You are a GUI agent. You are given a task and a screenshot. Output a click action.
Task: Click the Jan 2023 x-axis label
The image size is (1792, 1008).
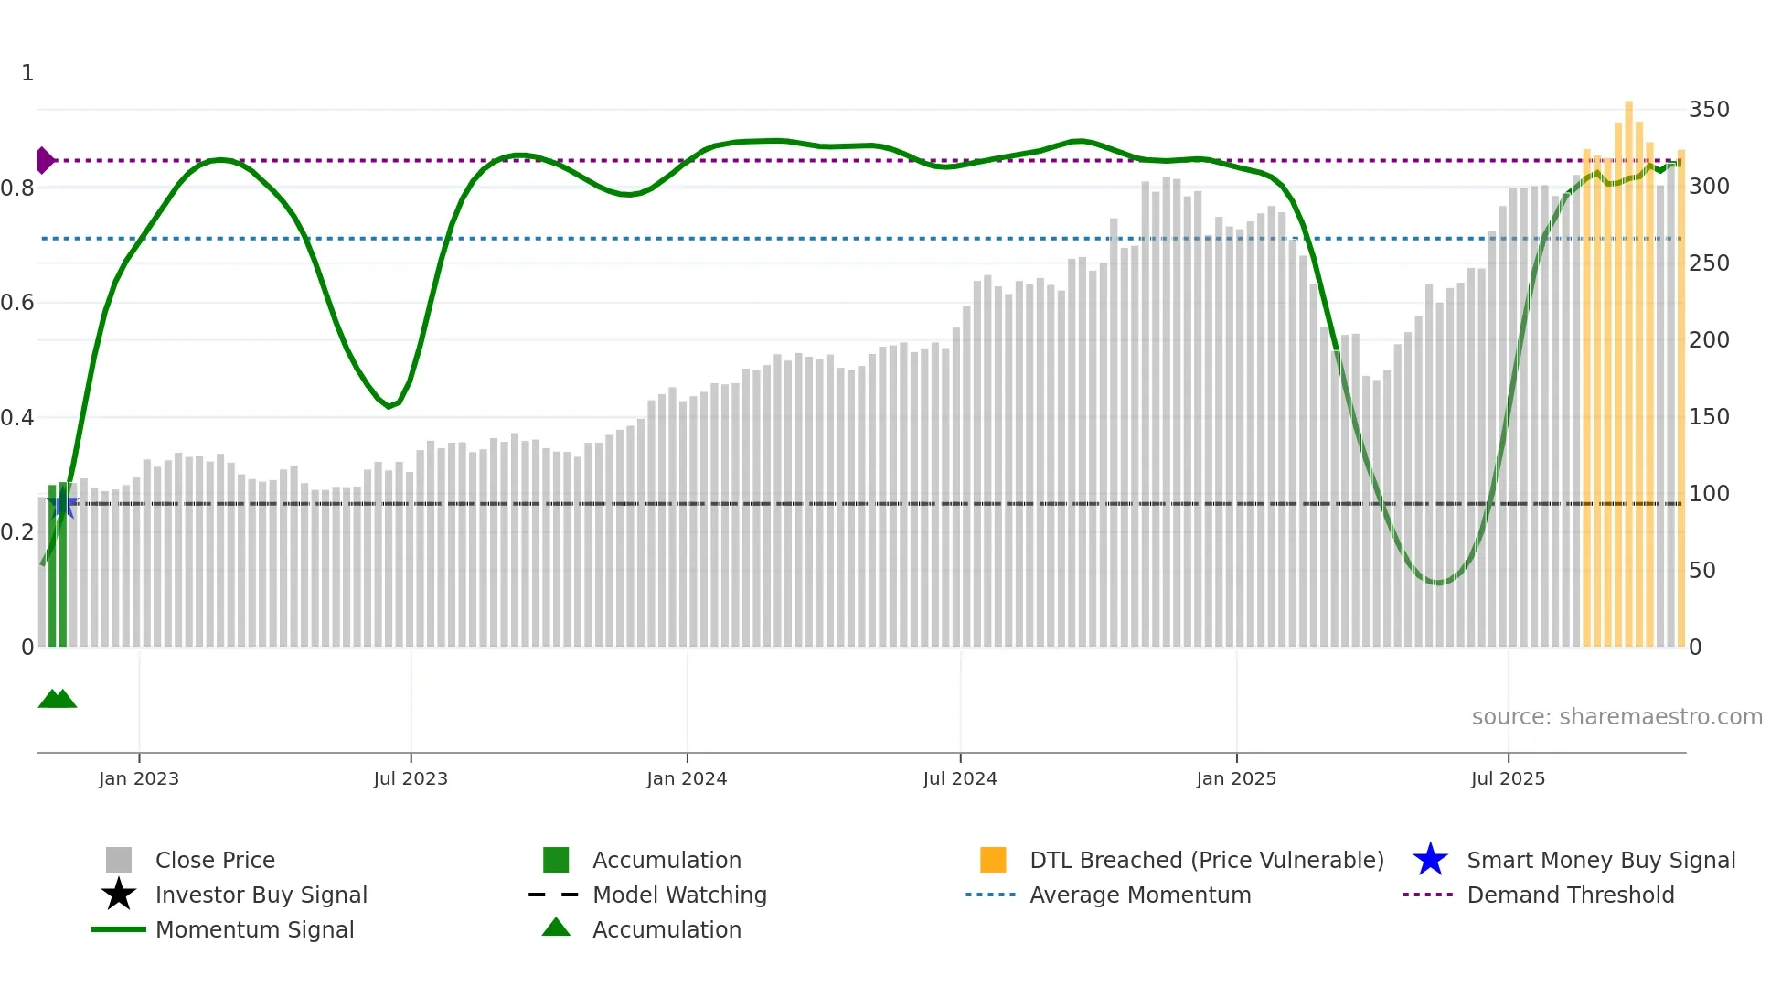click(139, 778)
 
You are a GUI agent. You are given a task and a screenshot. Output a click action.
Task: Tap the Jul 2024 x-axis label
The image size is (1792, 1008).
click(960, 778)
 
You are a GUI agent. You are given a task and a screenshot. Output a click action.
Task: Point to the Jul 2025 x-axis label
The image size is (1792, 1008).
click(1508, 778)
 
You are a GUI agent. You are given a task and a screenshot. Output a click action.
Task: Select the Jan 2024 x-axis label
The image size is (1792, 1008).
click(687, 778)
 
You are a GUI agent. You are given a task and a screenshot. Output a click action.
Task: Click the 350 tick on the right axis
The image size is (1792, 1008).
click(1709, 110)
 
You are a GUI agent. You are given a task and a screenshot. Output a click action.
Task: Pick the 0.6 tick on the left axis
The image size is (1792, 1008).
click(17, 303)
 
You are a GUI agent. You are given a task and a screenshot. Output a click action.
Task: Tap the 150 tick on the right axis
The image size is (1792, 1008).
click(1709, 417)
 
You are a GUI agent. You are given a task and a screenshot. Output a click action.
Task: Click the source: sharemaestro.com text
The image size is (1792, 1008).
click(1616, 717)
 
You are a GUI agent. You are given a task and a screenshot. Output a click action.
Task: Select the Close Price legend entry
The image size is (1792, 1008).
click(215, 860)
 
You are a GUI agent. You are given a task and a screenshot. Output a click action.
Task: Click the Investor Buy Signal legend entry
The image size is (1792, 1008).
click(261, 895)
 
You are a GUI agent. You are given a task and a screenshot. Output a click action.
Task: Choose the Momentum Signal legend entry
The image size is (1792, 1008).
click(254, 929)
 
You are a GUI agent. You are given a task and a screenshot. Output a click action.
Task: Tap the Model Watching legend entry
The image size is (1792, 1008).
click(679, 895)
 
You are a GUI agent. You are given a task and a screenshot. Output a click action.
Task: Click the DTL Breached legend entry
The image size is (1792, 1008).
click(1206, 860)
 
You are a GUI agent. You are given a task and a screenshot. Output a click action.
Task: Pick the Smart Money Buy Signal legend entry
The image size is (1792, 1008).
click(1601, 860)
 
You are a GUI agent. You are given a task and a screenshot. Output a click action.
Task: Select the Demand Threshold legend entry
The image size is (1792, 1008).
click(1570, 895)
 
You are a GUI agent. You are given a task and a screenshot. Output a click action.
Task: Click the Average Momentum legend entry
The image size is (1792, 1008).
click(1140, 895)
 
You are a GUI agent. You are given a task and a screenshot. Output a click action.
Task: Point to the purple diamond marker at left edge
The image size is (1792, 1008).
click(44, 160)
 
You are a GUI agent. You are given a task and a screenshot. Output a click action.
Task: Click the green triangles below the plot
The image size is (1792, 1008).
click(57, 700)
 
